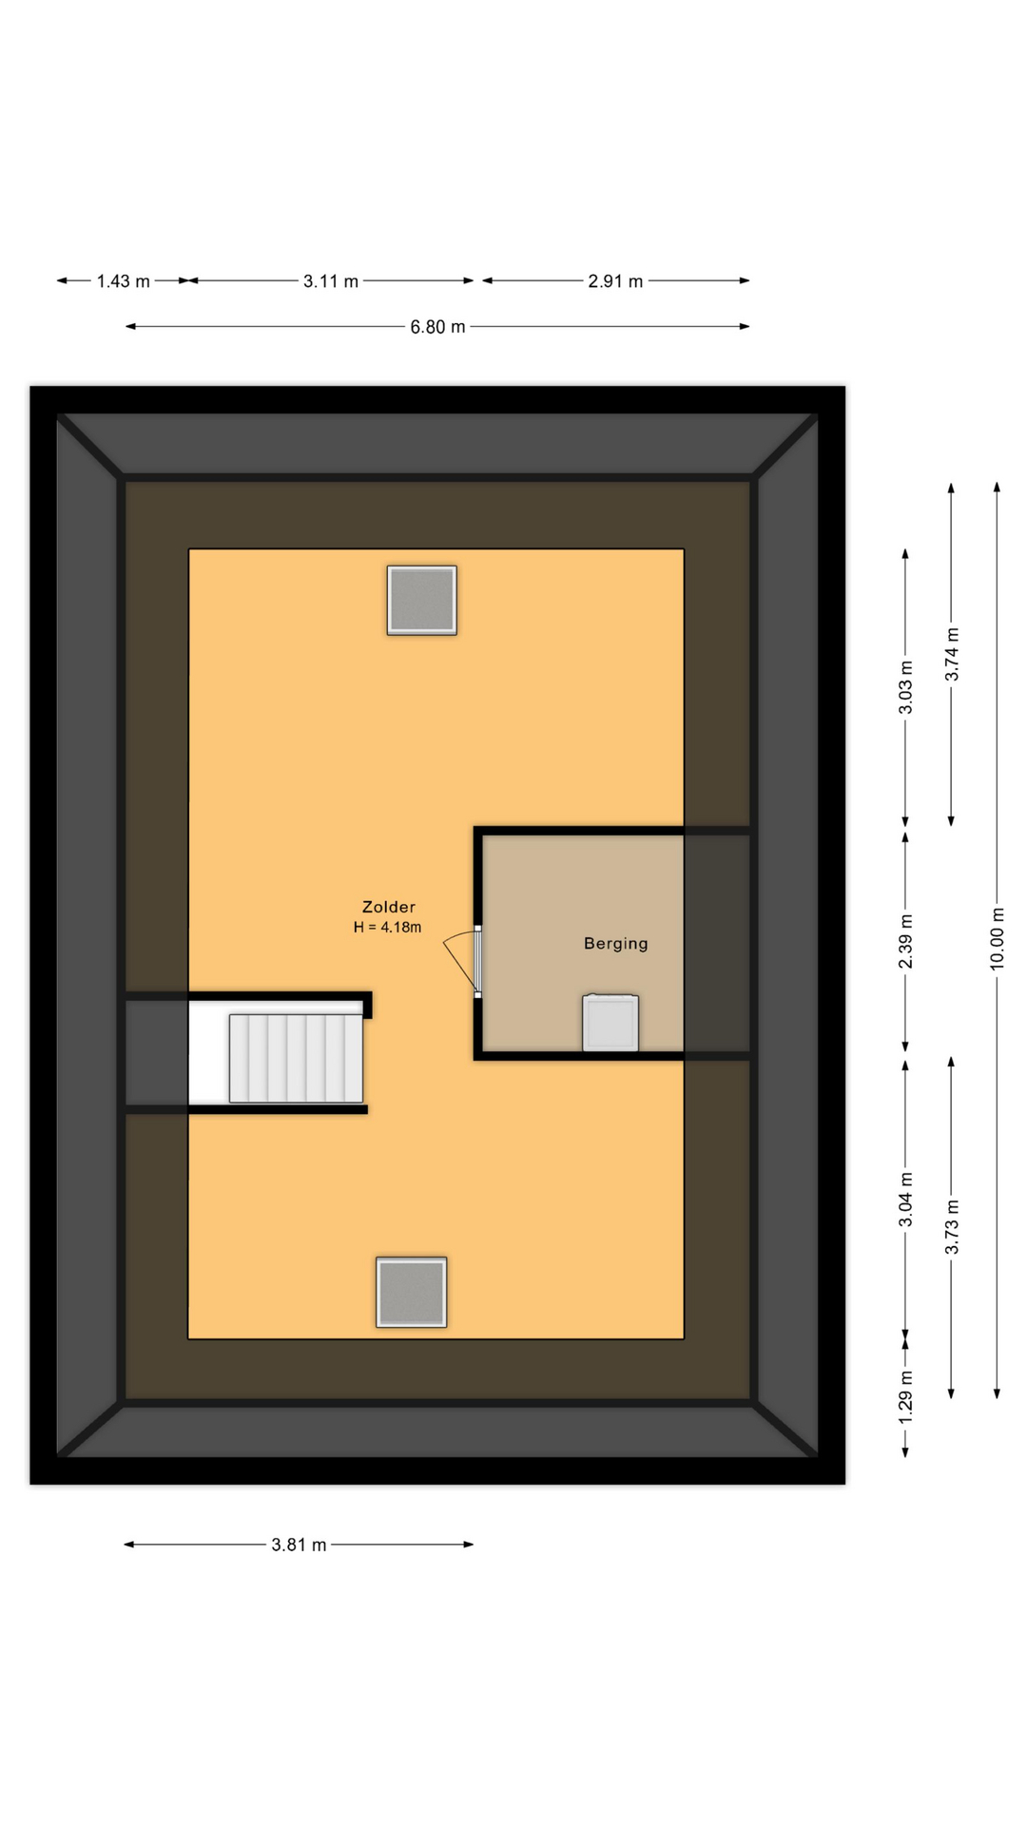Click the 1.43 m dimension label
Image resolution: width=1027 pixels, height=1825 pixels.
(x=124, y=281)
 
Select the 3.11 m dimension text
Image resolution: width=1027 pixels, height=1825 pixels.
(x=331, y=281)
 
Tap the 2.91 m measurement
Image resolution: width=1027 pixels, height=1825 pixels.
(x=615, y=281)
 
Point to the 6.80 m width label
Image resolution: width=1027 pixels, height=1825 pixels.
(x=437, y=327)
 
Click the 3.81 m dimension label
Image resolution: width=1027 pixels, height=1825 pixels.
(x=299, y=1545)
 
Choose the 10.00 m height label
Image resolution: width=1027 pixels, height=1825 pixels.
(x=997, y=938)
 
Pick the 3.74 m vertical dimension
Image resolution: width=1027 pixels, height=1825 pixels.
(x=952, y=654)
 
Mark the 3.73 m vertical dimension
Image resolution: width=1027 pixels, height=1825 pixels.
(x=952, y=1227)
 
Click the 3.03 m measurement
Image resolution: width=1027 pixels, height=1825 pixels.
(x=906, y=687)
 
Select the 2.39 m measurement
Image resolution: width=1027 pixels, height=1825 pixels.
(x=906, y=942)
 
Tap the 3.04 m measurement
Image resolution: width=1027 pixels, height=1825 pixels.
(x=906, y=1200)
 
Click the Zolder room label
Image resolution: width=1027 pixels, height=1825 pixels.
(x=389, y=907)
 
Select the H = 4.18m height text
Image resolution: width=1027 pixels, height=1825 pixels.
(x=387, y=928)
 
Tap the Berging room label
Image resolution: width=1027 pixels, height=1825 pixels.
(x=616, y=944)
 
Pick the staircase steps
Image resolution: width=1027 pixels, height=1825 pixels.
(x=296, y=1058)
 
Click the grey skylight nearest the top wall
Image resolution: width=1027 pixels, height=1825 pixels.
(x=422, y=601)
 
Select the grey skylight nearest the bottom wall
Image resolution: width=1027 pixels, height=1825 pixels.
(x=412, y=1293)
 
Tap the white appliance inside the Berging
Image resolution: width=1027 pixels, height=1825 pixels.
(x=610, y=1023)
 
